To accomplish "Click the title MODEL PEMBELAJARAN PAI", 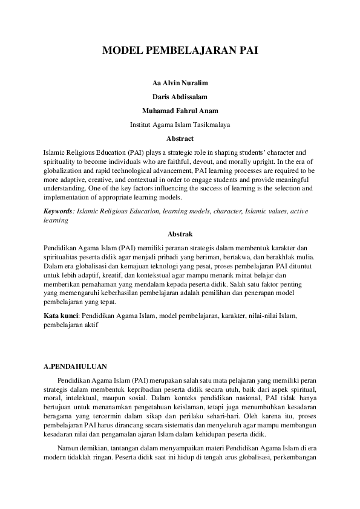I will tap(180, 51).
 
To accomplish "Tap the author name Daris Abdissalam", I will tap(180, 97).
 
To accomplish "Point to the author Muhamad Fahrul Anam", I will tap(180, 111).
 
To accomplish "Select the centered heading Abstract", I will tap(180, 138).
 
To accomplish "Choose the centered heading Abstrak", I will tap(180, 233).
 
